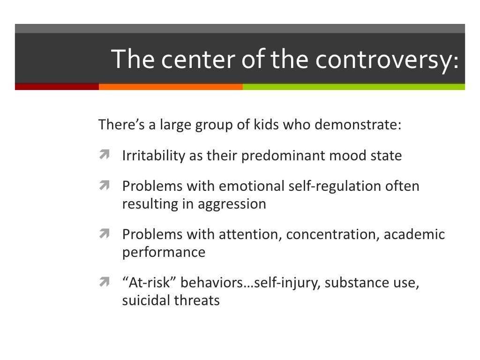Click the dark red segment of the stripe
[57, 87]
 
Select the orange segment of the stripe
[171, 87]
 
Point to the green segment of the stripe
[353, 87]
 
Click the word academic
[414, 234]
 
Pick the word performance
[164, 252]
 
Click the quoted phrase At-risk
[149, 283]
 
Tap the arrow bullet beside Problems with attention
[104, 233]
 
